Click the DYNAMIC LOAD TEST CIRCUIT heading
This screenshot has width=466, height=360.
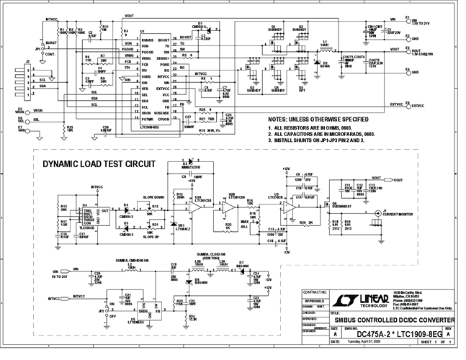pos(98,163)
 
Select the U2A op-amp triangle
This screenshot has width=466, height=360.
pos(196,206)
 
